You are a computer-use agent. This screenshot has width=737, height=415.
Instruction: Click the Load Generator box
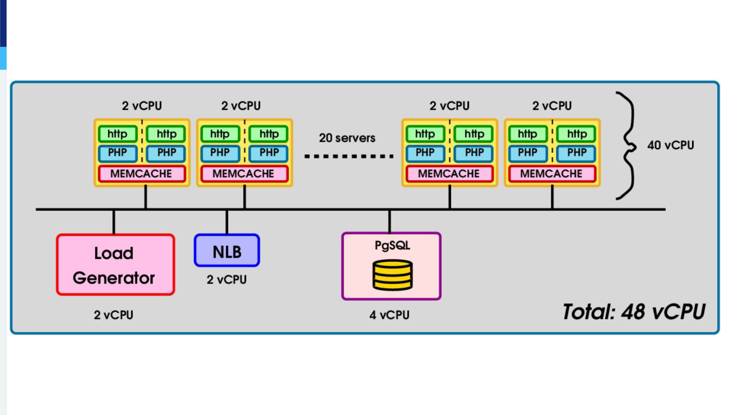click(x=115, y=265)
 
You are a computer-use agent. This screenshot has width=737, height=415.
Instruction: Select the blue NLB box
click(x=227, y=250)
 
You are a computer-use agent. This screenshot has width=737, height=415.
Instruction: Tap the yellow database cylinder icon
click(x=392, y=275)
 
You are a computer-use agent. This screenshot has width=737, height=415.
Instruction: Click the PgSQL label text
click(x=392, y=245)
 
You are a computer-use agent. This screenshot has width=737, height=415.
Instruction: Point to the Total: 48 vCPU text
click(x=634, y=312)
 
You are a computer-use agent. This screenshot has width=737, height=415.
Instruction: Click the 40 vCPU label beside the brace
click(x=671, y=145)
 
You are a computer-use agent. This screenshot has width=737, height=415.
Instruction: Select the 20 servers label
click(x=347, y=138)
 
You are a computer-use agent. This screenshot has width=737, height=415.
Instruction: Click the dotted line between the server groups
click(x=349, y=156)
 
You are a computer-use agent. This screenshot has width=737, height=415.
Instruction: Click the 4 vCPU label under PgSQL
click(x=389, y=315)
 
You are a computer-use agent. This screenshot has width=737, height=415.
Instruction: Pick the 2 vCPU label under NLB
click(x=226, y=280)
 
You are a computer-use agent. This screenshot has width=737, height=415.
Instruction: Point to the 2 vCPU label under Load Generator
click(x=113, y=315)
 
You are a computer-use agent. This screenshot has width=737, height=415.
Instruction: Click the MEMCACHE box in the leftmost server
click(x=142, y=174)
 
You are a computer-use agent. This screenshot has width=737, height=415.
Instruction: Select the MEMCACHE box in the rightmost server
click(x=552, y=174)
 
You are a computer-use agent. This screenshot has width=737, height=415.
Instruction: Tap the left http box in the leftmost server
click(x=118, y=134)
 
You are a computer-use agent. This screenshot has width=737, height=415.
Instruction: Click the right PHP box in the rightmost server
click(x=576, y=153)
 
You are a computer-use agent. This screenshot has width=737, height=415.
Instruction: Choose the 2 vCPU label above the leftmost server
click(x=142, y=106)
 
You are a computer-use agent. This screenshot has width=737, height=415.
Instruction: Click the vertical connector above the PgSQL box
click(x=389, y=222)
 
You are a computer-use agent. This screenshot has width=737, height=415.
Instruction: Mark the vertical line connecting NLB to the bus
click(x=227, y=222)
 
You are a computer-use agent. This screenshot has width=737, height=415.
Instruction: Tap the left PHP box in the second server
click(x=220, y=153)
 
